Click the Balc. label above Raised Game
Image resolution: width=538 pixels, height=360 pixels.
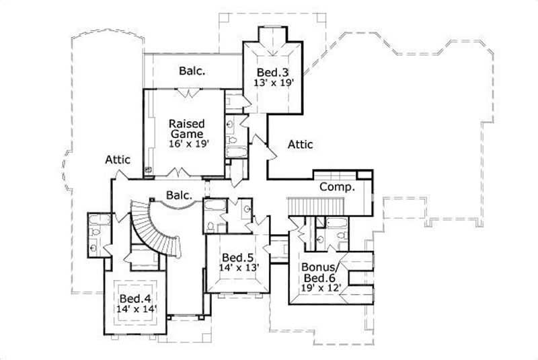pyautogui.click(x=192, y=70)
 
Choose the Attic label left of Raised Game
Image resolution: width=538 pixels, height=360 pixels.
pyautogui.click(x=117, y=159)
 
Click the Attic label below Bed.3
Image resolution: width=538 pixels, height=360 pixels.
pyautogui.click(x=299, y=143)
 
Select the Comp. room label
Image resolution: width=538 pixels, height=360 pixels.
pyautogui.click(x=336, y=186)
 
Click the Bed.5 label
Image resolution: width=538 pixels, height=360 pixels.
pyautogui.click(x=237, y=257)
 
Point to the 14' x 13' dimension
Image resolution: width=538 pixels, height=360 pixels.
pyautogui.click(x=237, y=268)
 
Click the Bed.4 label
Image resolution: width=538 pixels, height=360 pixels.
pyautogui.click(x=134, y=298)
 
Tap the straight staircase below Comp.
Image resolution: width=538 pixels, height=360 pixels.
pyautogui.click(x=315, y=207)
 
